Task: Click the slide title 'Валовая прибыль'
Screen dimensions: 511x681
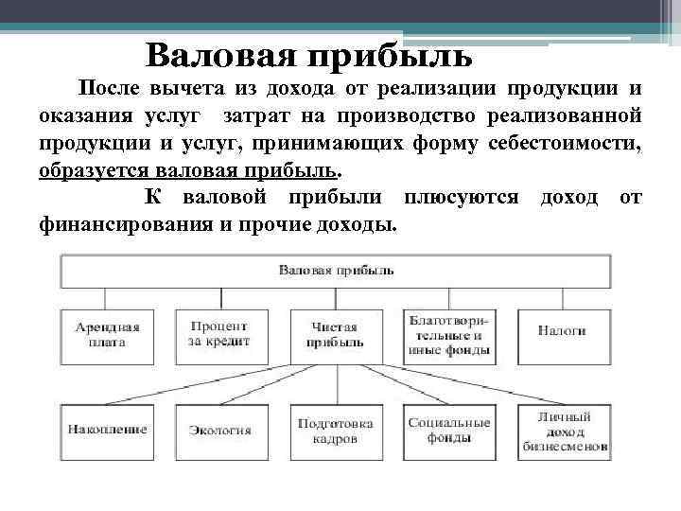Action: tap(309, 56)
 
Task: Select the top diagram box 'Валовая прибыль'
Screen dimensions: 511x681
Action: tap(336, 271)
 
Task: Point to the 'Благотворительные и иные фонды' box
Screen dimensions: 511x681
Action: tap(449, 335)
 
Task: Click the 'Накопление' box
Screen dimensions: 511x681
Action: tap(107, 431)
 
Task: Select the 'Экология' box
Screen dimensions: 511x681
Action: tap(219, 431)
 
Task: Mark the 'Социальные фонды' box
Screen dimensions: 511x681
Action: tap(449, 431)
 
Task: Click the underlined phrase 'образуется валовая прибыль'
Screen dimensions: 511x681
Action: tap(187, 173)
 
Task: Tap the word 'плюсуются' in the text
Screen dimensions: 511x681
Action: tap(461, 197)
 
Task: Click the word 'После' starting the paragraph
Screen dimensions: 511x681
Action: tap(108, 90)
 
